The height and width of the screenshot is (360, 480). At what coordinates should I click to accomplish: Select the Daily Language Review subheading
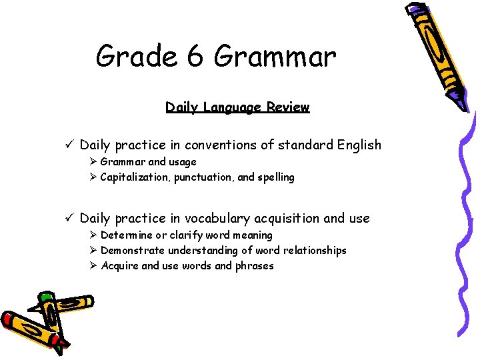[237, 107]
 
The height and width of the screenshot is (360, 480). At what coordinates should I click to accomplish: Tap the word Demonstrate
[132, 251]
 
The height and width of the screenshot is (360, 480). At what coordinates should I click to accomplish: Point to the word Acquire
[119, 266]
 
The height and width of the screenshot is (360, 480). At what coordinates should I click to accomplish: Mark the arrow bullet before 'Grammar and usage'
[94, 162]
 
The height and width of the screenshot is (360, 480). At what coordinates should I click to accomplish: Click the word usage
[183, 162]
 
